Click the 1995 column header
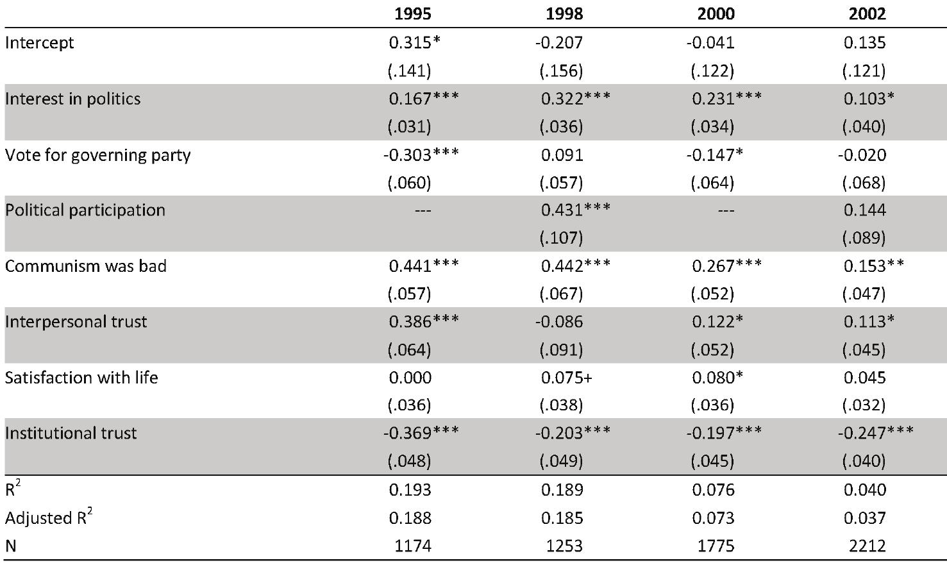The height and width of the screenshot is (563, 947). coord(413,14)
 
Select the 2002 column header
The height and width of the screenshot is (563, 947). coord(867,14)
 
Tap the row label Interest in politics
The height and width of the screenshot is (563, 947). coord(72,99)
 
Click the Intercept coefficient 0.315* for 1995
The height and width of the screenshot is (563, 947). coord(415,43)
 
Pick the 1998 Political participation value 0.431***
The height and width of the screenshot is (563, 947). coord(576,210)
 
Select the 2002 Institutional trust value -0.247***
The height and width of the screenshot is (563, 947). coord(876,433)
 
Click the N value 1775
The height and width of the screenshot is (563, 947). coord(716,546)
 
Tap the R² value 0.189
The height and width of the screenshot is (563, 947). coord(562,490)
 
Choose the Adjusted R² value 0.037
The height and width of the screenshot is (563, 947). coord(864,518)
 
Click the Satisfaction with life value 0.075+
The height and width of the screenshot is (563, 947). coord(567,378)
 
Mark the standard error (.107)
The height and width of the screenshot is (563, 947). coord(562,238)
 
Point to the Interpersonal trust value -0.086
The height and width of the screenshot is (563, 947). coord(559,322)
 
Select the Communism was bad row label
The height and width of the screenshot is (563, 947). coord(86,266)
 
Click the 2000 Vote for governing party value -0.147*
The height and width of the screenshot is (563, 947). coord(714,155)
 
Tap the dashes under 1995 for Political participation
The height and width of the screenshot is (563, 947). coord(423,210)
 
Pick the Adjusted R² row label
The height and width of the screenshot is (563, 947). coord(49,517)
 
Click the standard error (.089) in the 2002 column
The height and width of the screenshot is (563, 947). coord(864,238)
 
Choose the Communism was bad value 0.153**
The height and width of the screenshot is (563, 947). coord(874,266)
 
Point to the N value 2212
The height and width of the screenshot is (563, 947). coord(867,546)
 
